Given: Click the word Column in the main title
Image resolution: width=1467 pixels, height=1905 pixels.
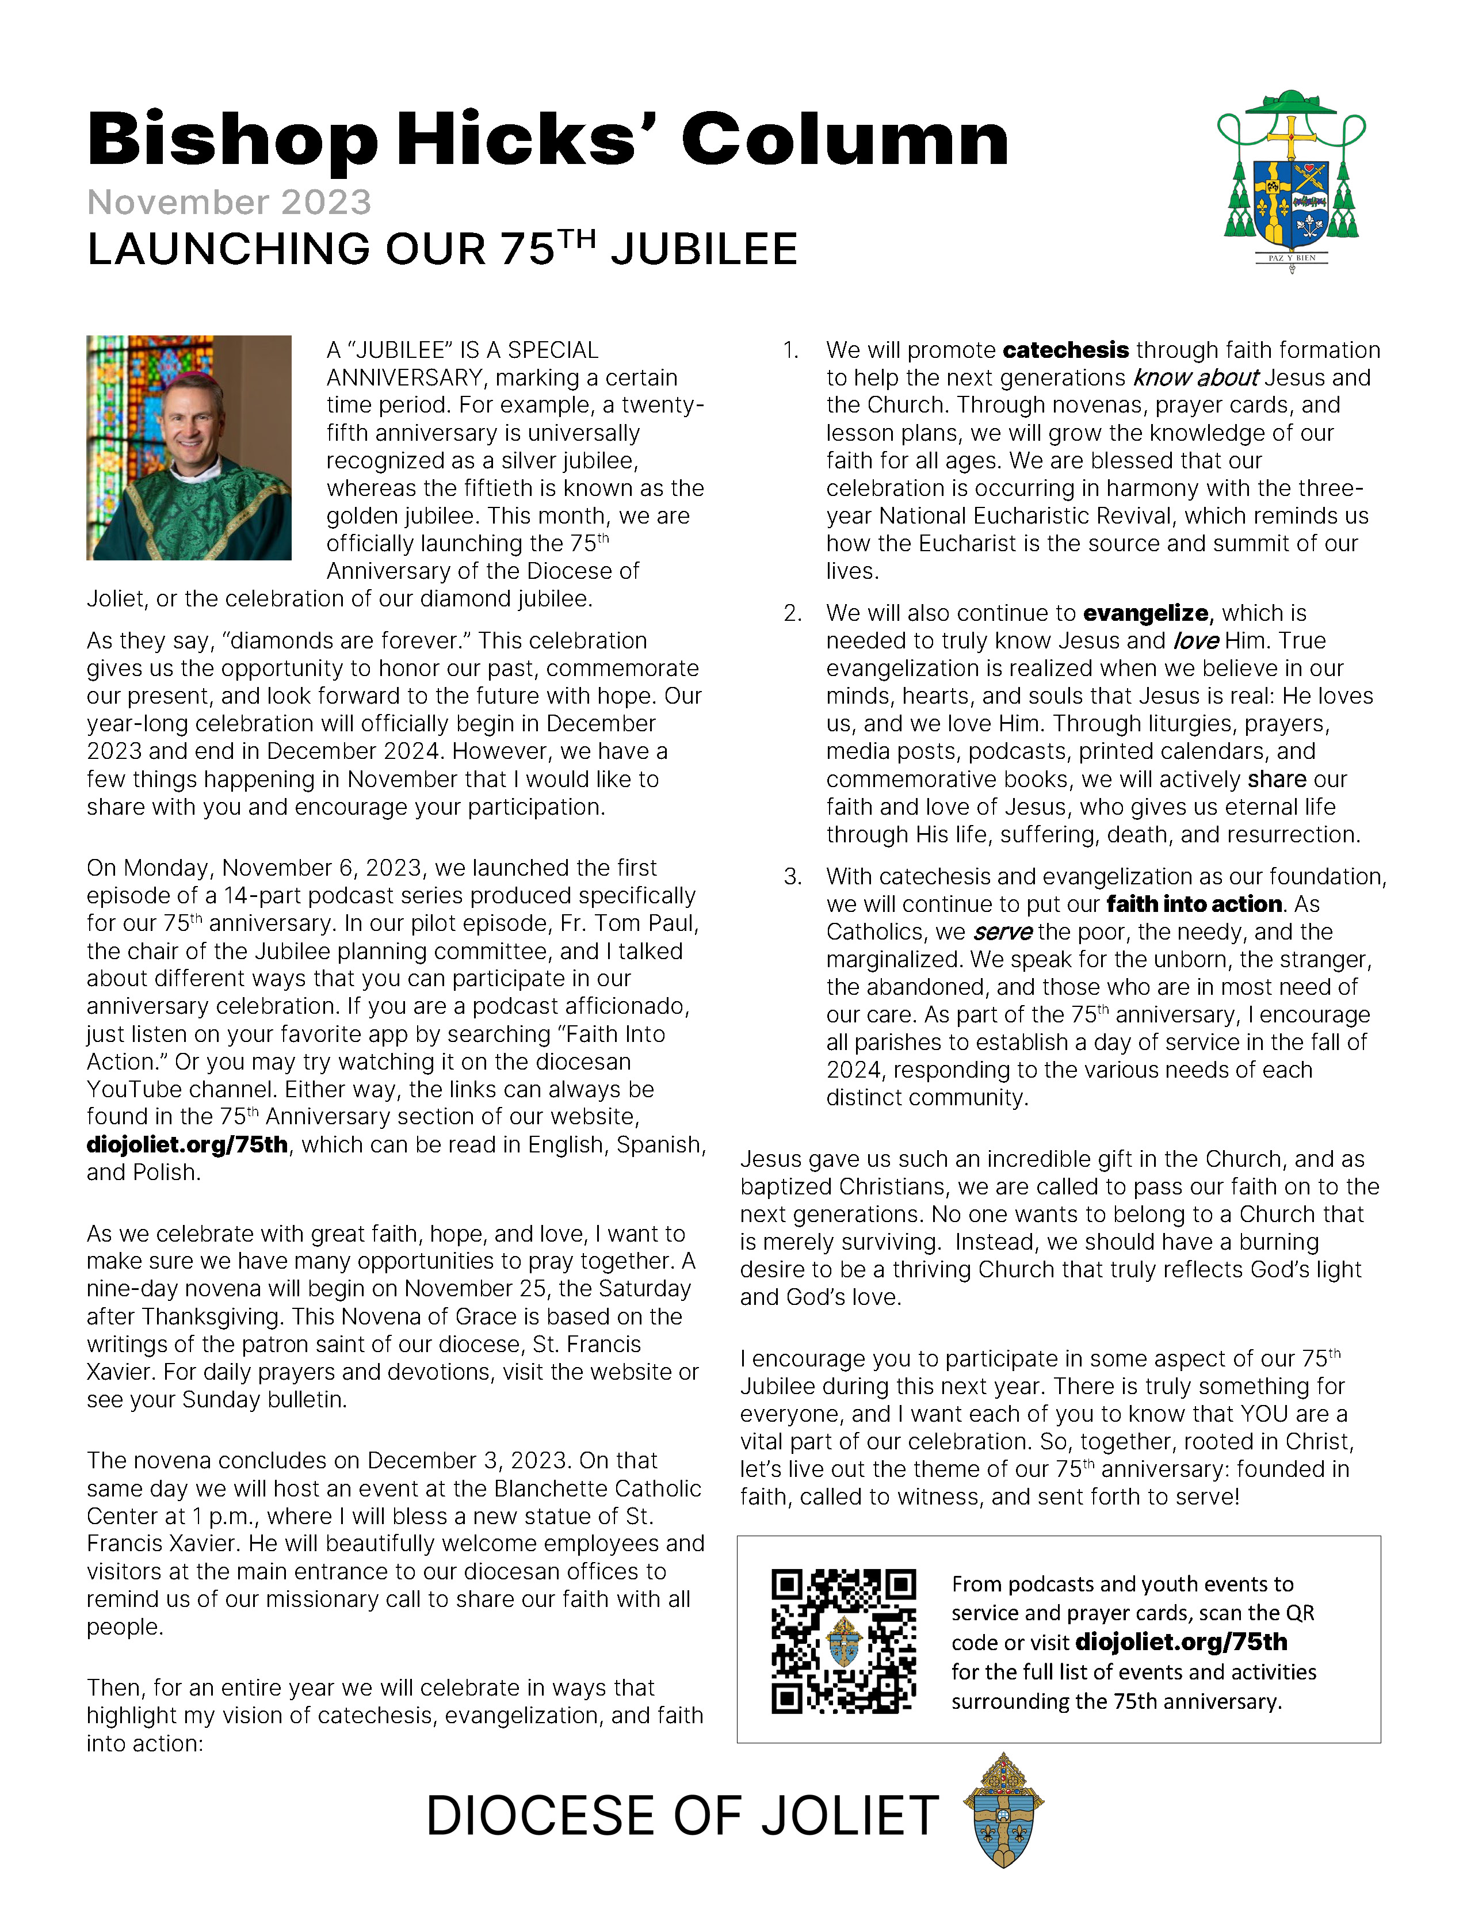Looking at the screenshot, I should click(845, 140).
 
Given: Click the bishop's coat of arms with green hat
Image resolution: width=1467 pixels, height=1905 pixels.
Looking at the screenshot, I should click(1291, 179).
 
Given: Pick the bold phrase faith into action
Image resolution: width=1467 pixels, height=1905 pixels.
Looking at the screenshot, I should click(1194, 904).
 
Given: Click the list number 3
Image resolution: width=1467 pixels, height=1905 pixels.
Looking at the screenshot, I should click(792, 877).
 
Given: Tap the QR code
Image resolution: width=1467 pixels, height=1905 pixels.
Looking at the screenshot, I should click(843, 1641).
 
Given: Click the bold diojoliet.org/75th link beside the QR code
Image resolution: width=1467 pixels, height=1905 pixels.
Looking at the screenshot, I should click(1181, 1641).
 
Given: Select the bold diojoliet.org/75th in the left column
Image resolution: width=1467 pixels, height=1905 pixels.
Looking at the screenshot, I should click(186, 1144).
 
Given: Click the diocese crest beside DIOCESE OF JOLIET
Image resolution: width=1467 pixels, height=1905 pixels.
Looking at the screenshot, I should click(1003, 1810).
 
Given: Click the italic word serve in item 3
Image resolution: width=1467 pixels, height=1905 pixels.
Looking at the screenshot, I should click(1003, 931).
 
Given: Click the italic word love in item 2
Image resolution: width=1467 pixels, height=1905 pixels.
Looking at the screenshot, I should click(1195, 640).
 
